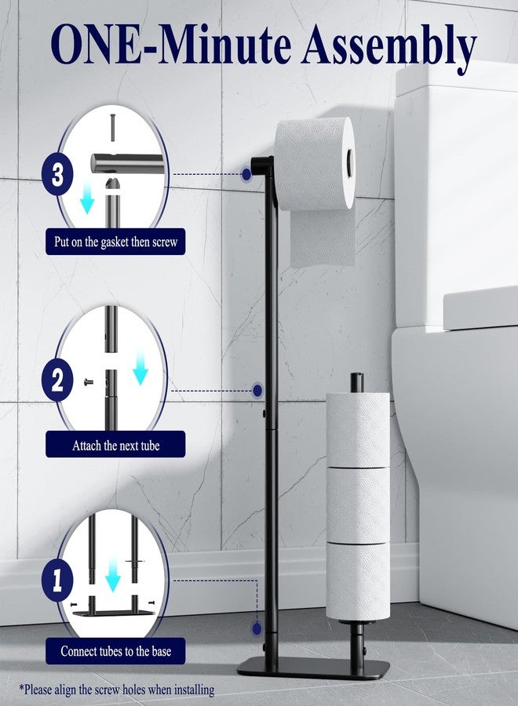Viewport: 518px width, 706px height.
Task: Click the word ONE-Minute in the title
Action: (x=171, y=44)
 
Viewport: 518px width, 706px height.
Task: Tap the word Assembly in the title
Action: (x=389, y=47)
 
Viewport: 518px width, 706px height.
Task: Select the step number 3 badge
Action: (x=57, y=174)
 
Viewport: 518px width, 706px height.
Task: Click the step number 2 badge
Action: (x=57, y=381)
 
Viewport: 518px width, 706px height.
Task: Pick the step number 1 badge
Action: (x=57, y=580)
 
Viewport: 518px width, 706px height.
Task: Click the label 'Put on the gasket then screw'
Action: (x=115, y=242)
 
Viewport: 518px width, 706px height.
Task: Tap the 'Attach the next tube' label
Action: (x=115, y=446)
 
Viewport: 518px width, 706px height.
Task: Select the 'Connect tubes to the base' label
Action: (x=115, y=651)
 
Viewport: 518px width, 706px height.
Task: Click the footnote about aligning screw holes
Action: (x=117, y=690)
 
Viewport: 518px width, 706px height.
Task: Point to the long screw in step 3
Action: (x=113, y=128)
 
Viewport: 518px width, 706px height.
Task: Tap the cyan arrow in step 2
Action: (x=140, y=369)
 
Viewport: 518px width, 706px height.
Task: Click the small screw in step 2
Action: (x=89, y=383)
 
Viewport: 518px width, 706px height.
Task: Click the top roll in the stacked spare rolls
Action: (x=358, y=430)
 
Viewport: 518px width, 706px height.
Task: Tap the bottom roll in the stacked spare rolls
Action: (x=358, y=582)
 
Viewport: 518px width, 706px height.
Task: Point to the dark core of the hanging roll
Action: (x=350, y=161)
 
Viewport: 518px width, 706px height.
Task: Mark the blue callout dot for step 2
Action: (x=257, y=391)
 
